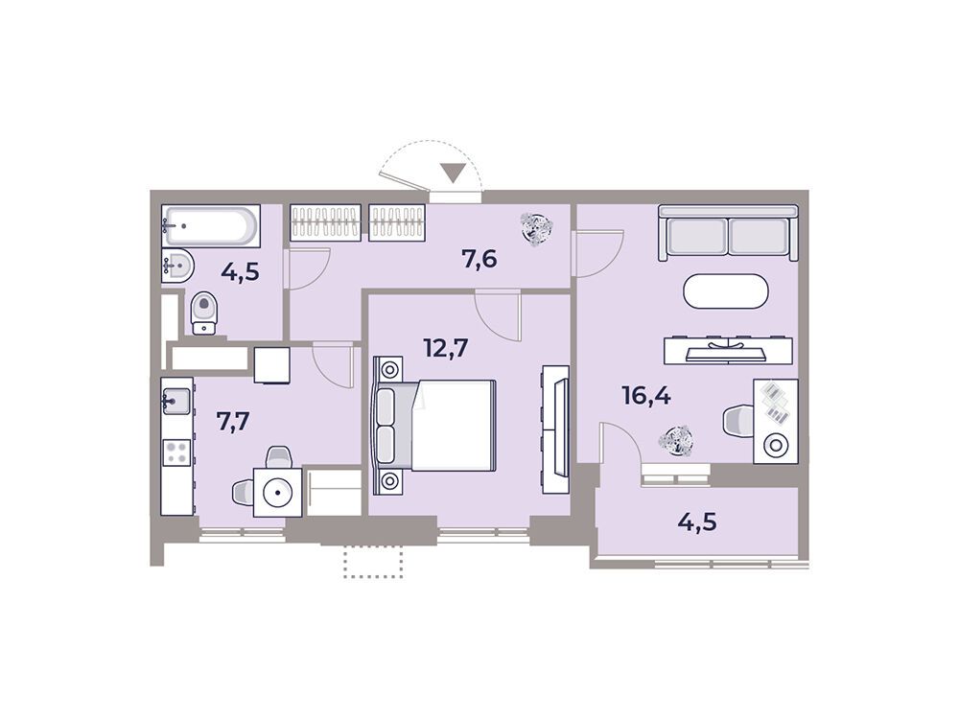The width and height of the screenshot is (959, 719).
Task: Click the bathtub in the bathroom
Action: pyautogui.click(x=211, y=226)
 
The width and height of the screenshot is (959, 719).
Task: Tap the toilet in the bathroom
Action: pyautogui.click(x=203, y=313)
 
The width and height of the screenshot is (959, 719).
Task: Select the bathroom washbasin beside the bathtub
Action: pyautogui.click(x=178, y=266)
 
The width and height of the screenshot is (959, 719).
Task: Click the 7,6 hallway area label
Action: pyautogui.click(x=479, y=259)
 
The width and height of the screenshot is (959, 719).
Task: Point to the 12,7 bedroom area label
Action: pyautogui.click(x=446, y=348)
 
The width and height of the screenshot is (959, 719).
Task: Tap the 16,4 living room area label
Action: pyautogui.click(x=645, y=396)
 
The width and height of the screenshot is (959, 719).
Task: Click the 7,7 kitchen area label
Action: pyautogui.click(x=234, y=421)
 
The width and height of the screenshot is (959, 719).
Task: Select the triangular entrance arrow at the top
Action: pyautogui.click(x=454, y=173)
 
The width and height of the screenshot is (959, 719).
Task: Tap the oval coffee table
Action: pyautogui.click(x=725, y=291)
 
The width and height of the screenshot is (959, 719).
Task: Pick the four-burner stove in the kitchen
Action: pyautogui.click(x=176, y=453)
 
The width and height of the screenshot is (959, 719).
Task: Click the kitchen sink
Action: pyautogui.click(x=176, y=401)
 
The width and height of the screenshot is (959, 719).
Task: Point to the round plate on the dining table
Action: pyautogui.click(x=279, y=492)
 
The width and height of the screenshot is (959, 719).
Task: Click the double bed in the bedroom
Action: pyautogui.click(x=434, y=426)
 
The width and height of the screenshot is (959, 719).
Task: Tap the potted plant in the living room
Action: pyautogui.click(x=675, y=440)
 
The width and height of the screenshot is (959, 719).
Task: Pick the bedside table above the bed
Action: pyautogui.click(x=389, y=369)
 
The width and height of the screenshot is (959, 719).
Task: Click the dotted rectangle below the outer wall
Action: pyautogui.click(x=374, y=562)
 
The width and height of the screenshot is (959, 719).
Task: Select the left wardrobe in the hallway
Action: pyautogui.click(x=325, y=222)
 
